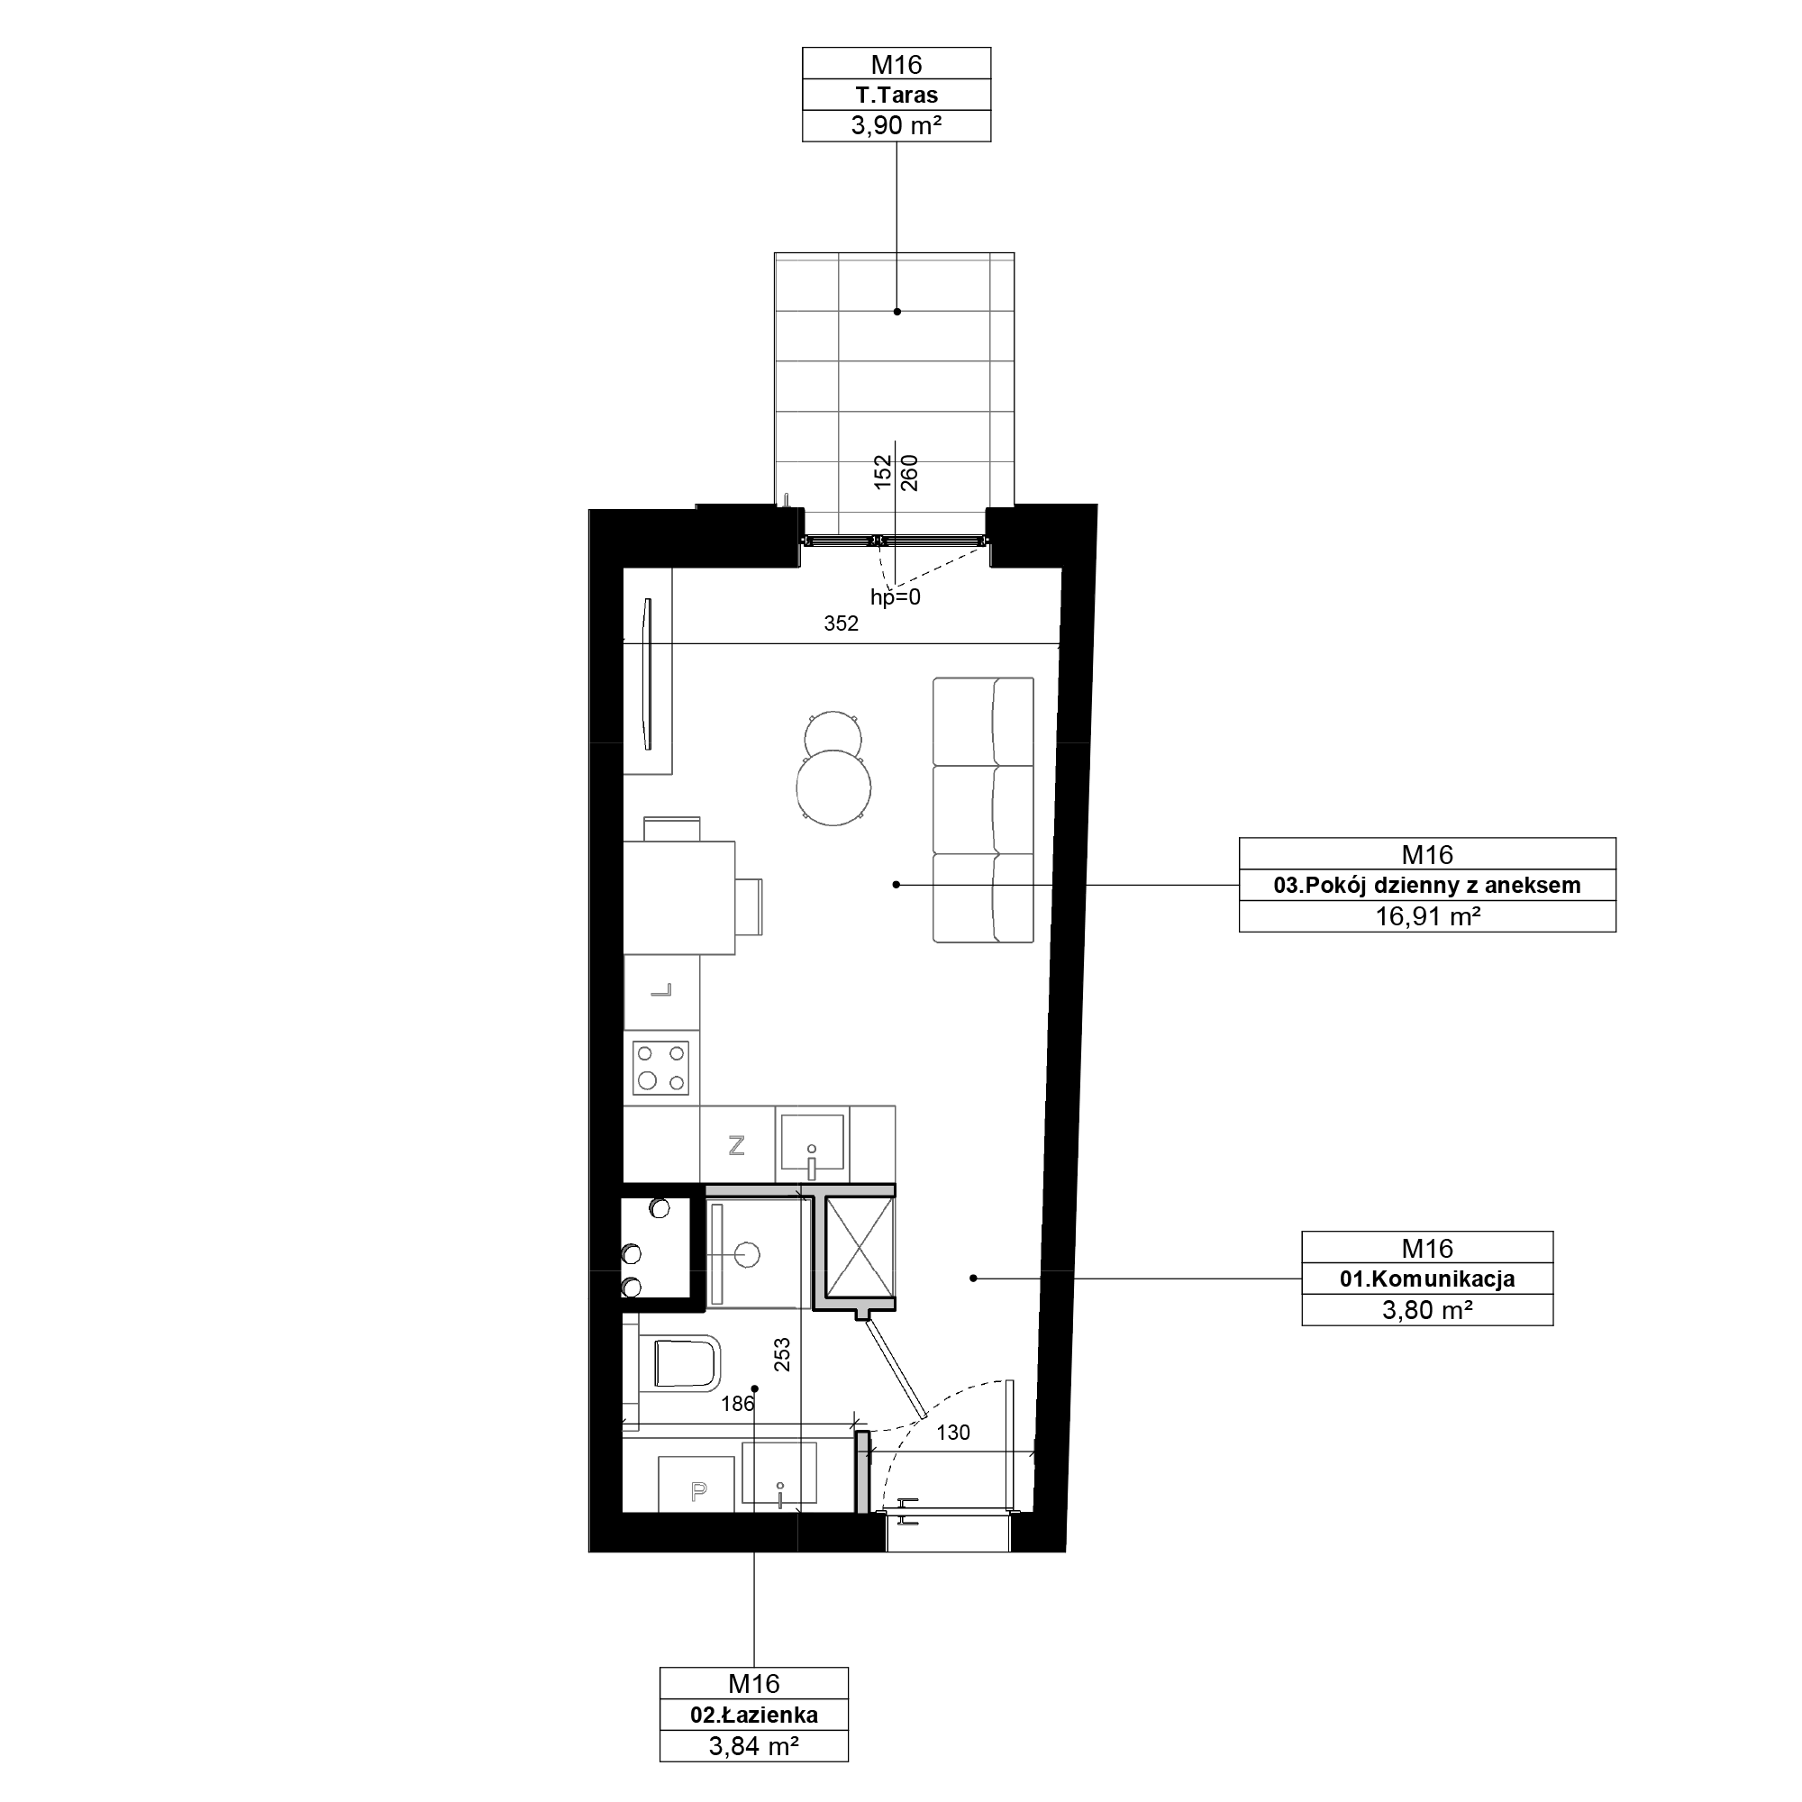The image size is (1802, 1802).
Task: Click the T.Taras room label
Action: (x=896, y=96)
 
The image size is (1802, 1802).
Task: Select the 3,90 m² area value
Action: (x=896, y=125)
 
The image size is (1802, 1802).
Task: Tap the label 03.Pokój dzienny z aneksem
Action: (x=1427, y=885)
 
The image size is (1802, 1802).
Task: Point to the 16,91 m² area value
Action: (x=1427, y=916)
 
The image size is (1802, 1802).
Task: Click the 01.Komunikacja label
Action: (x=1427, y=1279)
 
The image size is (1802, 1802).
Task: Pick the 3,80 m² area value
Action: (x=1427, y=1309)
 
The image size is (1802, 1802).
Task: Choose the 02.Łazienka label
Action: (x=753, y=1715)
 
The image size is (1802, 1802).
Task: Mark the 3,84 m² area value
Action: (x=753, y=1746)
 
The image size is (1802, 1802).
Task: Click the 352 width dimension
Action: (x=841, y=624)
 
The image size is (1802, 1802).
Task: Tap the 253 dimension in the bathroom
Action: (x=783, y=1354)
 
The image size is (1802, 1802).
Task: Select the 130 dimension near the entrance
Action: (x=953, y=1433)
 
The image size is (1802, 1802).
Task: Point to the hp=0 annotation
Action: (x=896, y=598)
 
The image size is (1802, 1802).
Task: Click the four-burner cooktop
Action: (x=660, y=1068)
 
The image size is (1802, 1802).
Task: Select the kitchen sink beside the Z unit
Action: (x=812, y=1142)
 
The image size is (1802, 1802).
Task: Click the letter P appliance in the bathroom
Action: (x=697, y=1492)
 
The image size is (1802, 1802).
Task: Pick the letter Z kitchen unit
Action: (x=737, y=1145)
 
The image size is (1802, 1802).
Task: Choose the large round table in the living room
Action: (x=833, y=787)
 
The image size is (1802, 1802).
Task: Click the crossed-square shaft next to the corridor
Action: (x=859, y=1248)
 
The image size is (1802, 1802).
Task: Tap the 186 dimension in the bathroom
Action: (x=738, y=1404)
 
